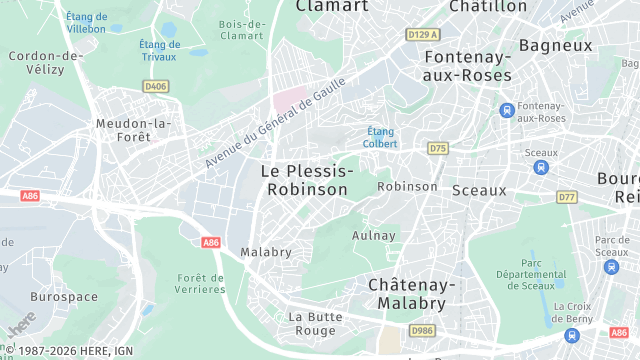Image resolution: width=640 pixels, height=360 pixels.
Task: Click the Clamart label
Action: (x=332, y=6)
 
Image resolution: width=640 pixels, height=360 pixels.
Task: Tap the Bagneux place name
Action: (x=555, y=45)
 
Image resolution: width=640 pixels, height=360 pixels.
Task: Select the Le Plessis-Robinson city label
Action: (x=305, y=180)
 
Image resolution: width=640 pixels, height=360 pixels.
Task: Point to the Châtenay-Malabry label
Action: (x=412, y=294)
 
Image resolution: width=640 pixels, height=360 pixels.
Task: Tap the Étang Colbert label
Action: (x=381, y=137)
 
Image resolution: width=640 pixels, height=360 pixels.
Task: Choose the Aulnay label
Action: (x=374, y=236)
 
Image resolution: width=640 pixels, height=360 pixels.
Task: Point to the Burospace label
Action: (x=63, y=297)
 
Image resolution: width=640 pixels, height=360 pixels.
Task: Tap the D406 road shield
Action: (x=155, y=87)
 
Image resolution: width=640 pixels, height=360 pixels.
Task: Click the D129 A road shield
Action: (x=423, y=34)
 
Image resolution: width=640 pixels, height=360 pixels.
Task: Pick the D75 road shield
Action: (x=437, y=148)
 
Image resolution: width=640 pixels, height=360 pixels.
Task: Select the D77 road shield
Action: (x=567, y=197)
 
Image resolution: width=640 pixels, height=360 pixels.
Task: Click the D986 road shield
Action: (x=421, y=330)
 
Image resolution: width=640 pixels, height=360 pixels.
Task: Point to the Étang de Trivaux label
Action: (x=160, y=50)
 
